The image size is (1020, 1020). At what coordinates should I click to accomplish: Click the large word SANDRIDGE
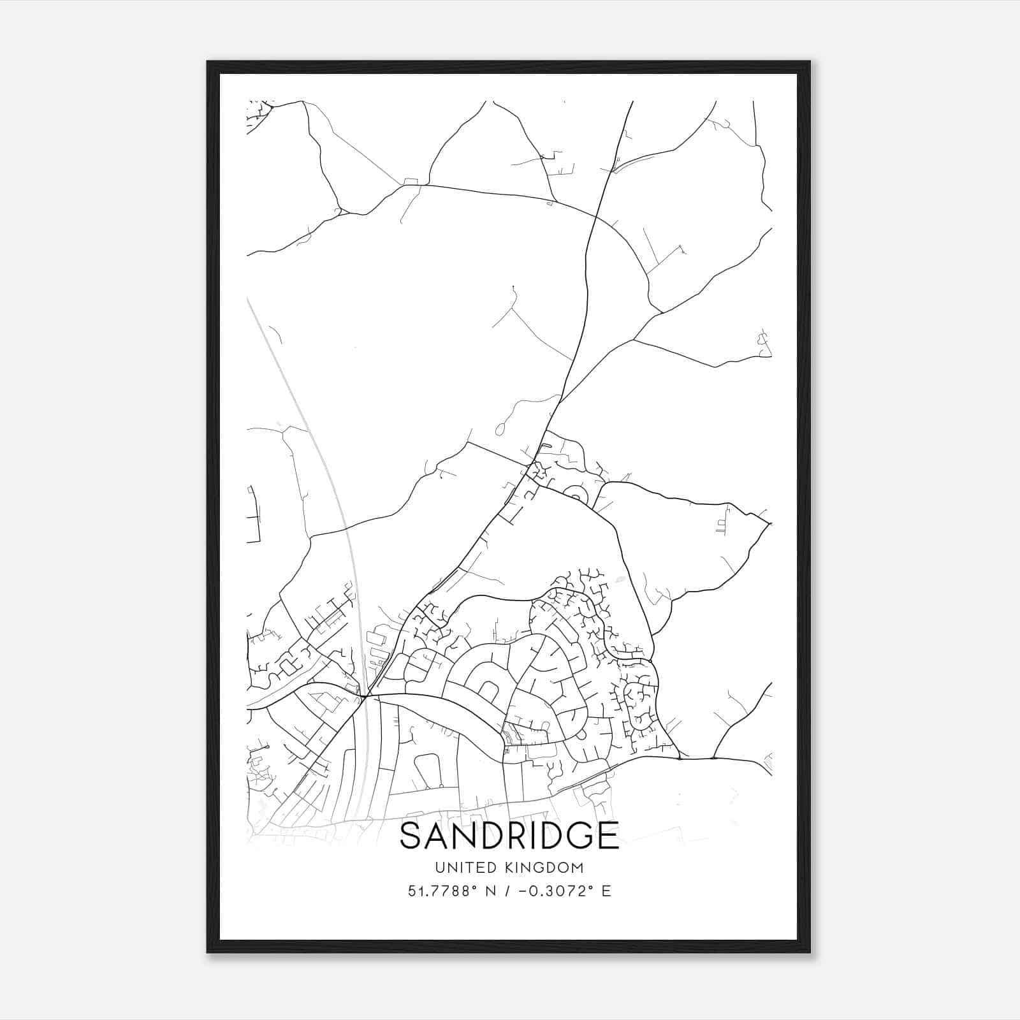[509, 836]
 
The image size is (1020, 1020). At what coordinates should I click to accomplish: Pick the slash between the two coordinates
[508, 891]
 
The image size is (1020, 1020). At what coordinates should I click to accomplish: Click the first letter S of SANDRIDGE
[411, 836]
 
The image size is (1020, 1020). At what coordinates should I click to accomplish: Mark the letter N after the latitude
[492, 891]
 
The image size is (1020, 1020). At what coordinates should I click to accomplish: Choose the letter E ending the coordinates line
[606, 891]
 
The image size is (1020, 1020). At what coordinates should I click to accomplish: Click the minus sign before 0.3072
[523, 891]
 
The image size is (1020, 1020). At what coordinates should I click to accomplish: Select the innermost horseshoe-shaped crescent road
[488, 690]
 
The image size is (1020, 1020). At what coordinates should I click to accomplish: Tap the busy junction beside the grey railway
[364, 697]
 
